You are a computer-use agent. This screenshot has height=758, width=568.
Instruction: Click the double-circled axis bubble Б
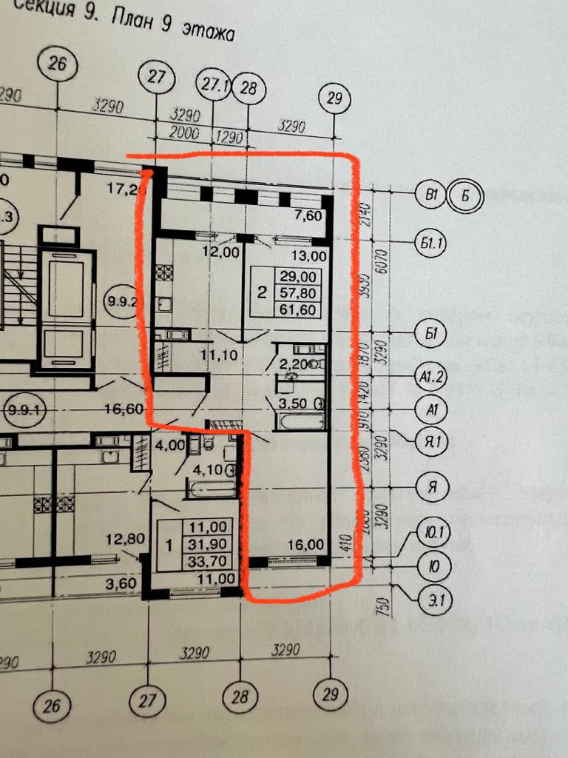(x=466, y=195)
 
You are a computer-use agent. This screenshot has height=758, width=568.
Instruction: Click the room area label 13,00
(x=310, y=256)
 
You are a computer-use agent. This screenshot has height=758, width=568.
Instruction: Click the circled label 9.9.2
(x=122, y=301)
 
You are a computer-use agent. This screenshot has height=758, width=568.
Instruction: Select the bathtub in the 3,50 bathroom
(x=300, y=423)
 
